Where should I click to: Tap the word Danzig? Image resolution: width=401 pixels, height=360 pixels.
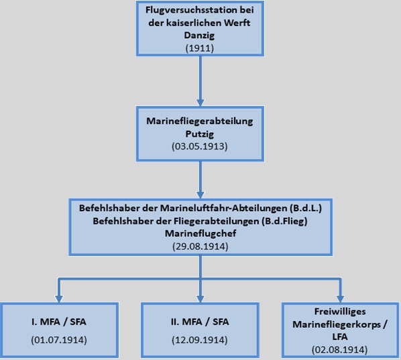pos(199,35)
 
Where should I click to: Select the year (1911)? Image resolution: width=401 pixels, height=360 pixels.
pos(199,48)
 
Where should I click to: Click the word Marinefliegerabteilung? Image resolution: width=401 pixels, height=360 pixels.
pos(200,121)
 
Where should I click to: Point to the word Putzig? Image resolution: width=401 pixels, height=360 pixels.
pos(200,133)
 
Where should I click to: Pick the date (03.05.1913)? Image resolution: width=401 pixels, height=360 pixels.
pos(200,146)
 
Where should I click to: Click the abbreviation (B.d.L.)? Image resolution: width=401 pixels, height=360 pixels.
pos(306,208)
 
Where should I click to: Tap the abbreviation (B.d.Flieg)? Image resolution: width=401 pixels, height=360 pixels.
pos(284,221)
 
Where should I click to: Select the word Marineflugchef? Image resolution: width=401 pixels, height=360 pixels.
pos(200,233)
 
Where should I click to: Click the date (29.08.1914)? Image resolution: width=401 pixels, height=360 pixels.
pos(200,247)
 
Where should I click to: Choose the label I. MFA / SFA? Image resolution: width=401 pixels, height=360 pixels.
pos(59,322)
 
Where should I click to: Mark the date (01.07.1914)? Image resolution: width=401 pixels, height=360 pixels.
pos(59,340)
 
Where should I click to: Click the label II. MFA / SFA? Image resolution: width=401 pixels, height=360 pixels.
pos(200,322)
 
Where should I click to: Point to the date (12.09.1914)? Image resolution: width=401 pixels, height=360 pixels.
pos(200,340)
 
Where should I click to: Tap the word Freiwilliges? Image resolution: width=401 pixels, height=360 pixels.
pos(340,312)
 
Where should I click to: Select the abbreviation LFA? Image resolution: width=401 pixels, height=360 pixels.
pos(340,337)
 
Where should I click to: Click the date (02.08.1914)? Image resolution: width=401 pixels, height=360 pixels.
pos(339,349)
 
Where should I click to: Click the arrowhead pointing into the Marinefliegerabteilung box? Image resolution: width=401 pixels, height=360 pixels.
pos(200,103)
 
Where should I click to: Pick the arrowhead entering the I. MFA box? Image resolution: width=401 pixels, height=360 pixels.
pos(59,298)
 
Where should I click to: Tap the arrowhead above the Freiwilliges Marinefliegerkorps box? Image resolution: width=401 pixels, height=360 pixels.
pos(340,298)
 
